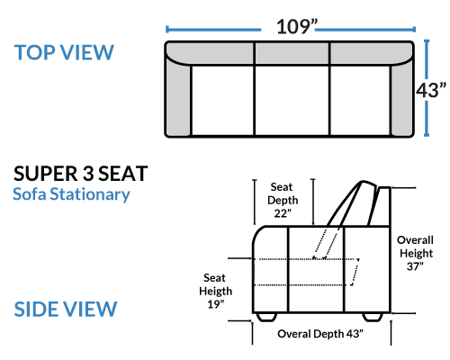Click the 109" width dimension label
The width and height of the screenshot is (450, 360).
pos(297,27)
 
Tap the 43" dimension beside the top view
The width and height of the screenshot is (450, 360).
pos(431,90)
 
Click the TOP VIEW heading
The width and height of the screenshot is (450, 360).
pos(64,52)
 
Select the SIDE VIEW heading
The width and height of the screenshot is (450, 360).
pos(66,309)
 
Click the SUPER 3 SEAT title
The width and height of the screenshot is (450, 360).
pos(81,174)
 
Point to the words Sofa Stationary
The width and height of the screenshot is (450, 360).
pos(71,194)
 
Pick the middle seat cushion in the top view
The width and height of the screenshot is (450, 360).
pos(292,100)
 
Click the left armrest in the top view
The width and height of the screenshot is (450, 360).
pos(177,96)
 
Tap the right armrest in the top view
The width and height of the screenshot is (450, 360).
pos(402,97)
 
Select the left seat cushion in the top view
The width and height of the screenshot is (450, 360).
pos(222,100)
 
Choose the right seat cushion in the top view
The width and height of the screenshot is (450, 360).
pos(360,100)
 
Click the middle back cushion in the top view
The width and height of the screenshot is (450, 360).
pos(292,53)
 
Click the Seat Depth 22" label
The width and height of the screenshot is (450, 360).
pos(283,200)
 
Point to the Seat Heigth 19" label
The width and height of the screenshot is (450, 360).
pos(215,291)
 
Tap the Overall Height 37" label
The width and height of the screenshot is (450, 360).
pos(415,253)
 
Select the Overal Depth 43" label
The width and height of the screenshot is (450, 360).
pos(320,334)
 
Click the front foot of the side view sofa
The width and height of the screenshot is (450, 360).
pos(266,317)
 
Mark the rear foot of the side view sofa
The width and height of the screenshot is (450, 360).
pos(373,317)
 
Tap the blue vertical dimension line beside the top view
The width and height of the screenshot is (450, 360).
pos(427,88)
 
